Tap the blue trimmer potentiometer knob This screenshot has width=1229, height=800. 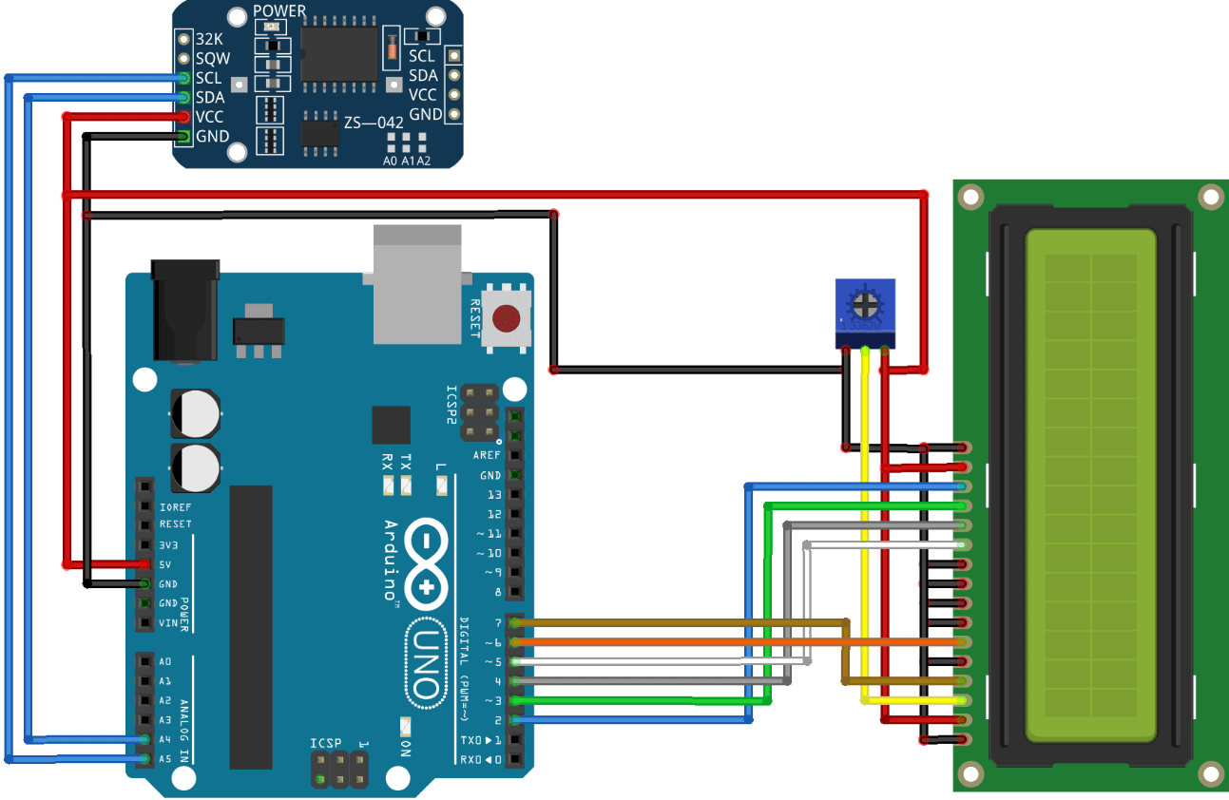[865, 304]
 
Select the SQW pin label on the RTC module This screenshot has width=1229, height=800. [212, 59]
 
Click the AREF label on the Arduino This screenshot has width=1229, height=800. [487, 455]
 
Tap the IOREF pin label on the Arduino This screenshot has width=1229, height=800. [175, 505]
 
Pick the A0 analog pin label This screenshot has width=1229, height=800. [165, 662]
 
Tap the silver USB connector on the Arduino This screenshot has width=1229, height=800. [417, 284]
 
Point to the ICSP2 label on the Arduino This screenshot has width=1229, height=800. [451, 405]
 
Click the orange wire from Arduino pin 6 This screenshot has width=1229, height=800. [665, 641]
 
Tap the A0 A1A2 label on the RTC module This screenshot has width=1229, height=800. [406, 161]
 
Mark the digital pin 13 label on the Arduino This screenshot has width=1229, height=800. [493, 495]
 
